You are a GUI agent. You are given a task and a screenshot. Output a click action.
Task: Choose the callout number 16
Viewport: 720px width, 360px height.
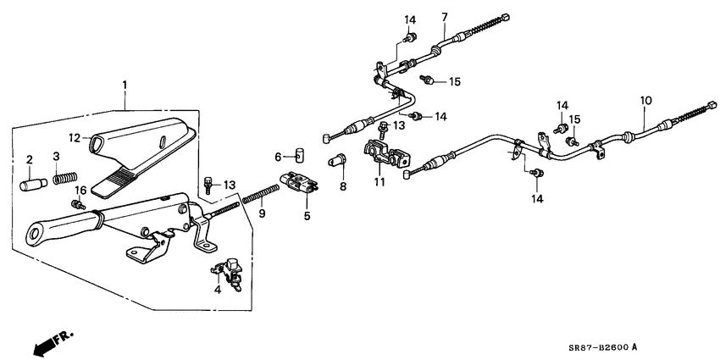click(277, 157)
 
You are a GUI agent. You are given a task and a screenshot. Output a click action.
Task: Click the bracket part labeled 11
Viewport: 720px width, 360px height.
click(386, 156)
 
